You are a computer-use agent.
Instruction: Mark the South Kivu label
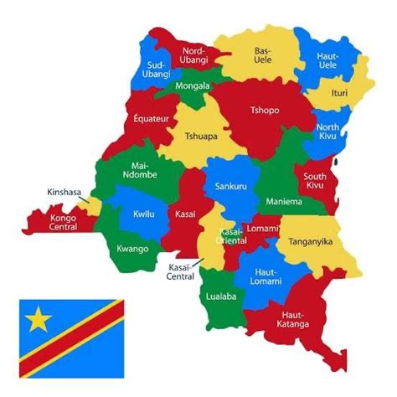point(316,182)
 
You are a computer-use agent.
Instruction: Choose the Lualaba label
point(220,296)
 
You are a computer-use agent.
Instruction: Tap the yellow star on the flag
point(39,319)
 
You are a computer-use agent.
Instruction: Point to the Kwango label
point(132,249)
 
